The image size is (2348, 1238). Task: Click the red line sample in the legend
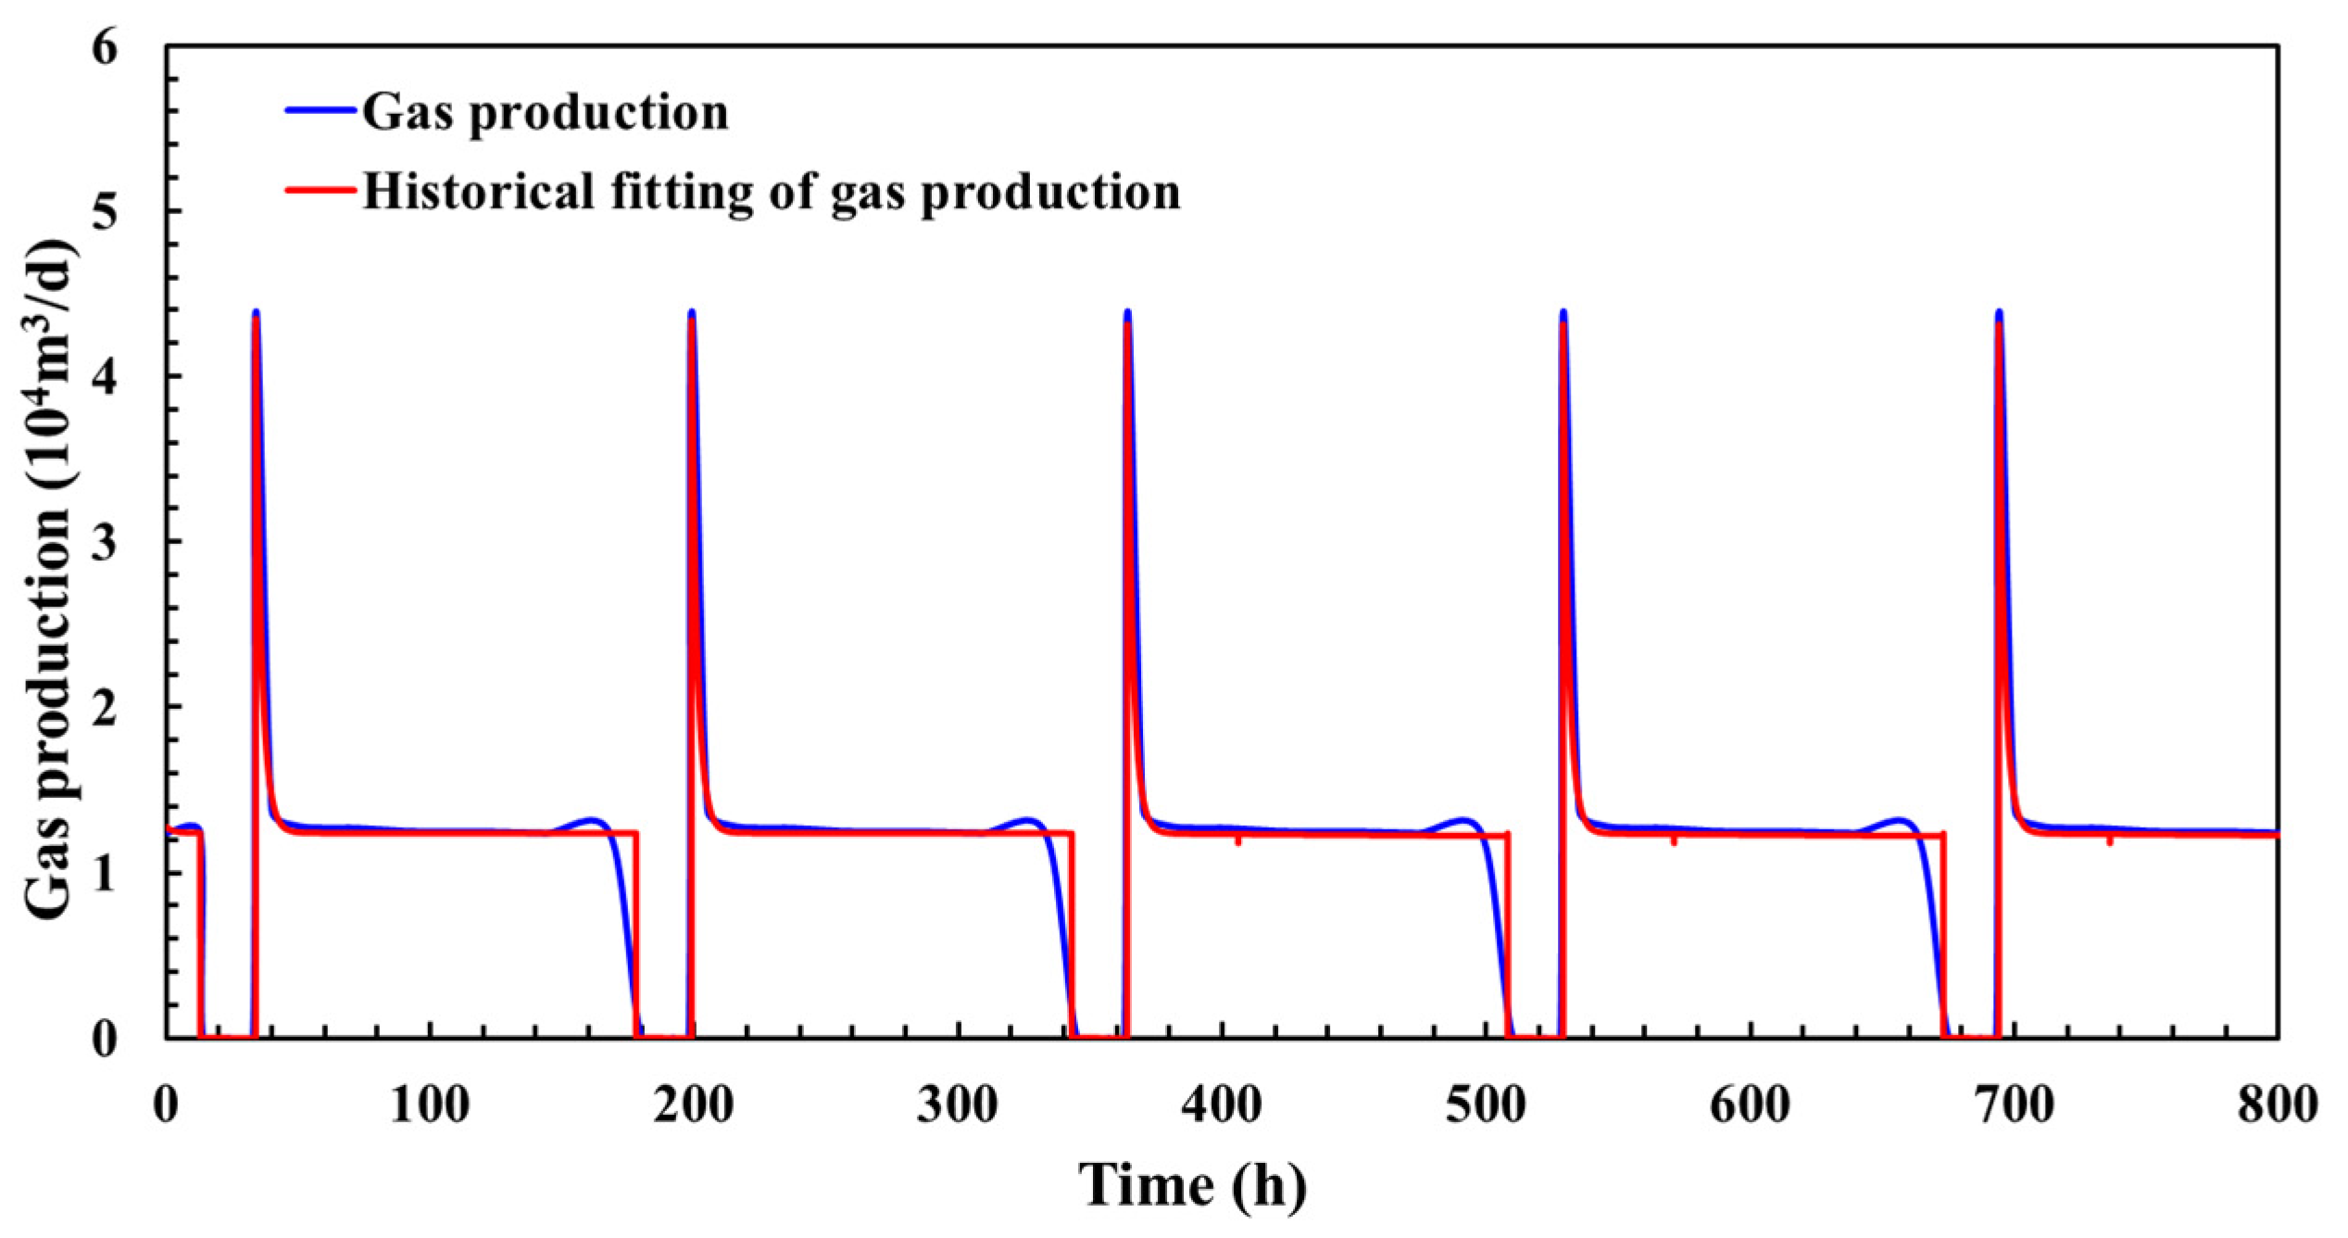320,191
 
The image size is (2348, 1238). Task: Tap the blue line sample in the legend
320,110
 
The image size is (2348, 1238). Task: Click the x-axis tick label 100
429,1105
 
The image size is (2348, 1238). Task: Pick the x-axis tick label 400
1222,1105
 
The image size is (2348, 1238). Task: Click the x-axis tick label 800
2277,1105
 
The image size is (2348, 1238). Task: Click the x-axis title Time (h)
1192,1185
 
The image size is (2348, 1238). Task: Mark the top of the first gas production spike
256,313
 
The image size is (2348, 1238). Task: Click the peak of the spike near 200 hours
691,313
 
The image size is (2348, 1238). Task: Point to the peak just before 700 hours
1999,313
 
